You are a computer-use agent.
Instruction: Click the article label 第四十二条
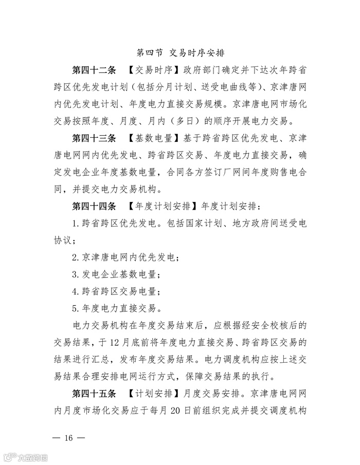coord(94,70)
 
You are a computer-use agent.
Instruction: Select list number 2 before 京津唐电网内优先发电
coord(75,257)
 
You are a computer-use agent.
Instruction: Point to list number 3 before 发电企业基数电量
coord(75,274)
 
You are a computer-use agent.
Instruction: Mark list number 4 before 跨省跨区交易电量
coord(75,291)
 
